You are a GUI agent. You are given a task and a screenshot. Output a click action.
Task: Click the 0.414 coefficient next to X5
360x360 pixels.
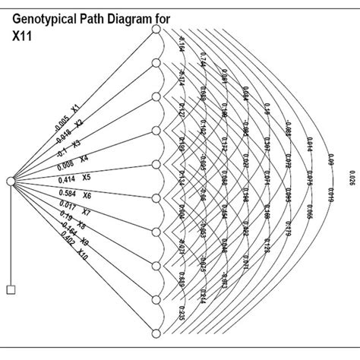pyautogui.click(x=70, y=179)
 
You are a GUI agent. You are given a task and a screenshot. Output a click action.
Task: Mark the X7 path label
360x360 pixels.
pyautogui.click(x=86, y=213)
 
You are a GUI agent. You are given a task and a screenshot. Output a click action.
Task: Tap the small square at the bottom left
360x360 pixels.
pyautogui.click(x=11, y=289)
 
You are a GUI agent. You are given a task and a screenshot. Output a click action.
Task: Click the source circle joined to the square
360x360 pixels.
pyautogui.click(x=11, y=181)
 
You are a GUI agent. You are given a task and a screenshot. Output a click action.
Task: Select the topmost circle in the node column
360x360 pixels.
pyautogui.click(x=156, y=30)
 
